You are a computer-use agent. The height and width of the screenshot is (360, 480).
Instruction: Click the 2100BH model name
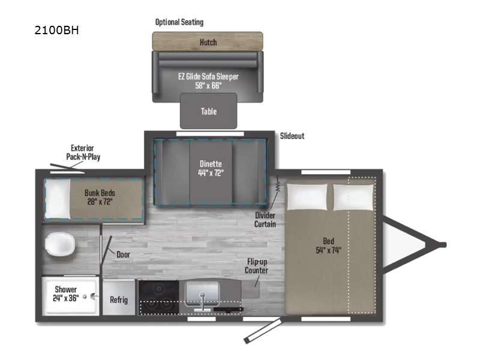57,31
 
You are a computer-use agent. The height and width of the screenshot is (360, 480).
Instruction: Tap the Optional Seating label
179,22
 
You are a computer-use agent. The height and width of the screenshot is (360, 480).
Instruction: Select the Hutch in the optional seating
208,43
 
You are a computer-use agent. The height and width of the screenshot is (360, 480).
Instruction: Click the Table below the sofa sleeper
208,111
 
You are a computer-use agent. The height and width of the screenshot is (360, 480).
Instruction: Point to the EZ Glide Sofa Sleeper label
208,81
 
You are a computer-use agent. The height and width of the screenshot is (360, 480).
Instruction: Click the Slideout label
292,136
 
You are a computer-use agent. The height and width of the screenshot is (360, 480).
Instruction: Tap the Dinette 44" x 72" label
211,169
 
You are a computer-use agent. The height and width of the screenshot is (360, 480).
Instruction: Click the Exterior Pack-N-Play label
82,152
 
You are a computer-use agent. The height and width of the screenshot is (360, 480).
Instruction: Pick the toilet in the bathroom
61,245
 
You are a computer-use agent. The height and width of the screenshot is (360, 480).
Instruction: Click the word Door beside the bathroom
123,254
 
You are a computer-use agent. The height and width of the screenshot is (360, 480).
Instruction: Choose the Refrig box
118,300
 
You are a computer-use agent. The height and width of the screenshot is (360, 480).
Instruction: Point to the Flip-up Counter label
256,266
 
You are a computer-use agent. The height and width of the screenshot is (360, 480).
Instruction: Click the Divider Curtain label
265,219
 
